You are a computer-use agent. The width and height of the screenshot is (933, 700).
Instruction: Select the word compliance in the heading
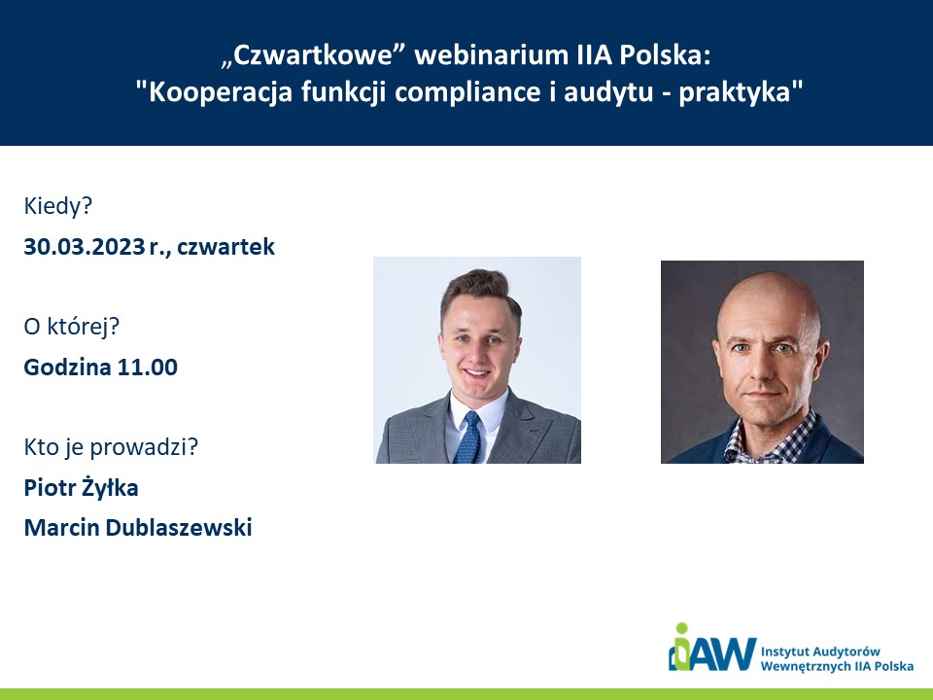pos(467,92)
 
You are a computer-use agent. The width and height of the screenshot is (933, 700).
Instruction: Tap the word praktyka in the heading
pos(737,92)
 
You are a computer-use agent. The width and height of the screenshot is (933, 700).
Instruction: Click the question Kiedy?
pos(58,206)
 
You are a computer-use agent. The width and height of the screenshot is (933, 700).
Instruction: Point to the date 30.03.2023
pos(85,246)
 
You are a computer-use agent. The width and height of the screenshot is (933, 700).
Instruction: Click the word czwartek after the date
pos(225,246)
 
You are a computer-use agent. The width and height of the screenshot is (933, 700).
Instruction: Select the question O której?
pos(71,327)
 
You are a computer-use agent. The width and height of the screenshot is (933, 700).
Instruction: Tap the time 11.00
pos(147,367)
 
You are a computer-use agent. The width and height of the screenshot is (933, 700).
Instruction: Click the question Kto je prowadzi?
pos(111,446)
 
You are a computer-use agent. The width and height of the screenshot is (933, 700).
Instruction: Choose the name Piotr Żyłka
pos(81,487)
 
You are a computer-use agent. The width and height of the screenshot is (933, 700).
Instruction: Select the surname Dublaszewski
pos(179,527)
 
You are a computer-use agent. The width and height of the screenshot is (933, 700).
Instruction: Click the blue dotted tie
pos(468,437)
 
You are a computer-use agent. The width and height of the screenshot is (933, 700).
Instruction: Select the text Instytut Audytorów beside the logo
pos(820,651)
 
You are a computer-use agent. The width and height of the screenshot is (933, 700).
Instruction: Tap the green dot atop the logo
pos(682,629)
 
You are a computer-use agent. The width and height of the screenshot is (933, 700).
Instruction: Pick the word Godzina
pos(67,367)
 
